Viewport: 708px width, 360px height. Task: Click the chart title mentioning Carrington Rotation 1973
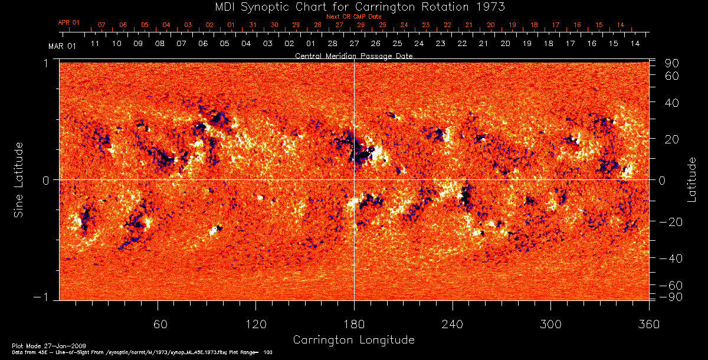point(353,6)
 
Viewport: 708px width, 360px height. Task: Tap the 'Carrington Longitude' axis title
point(353,340)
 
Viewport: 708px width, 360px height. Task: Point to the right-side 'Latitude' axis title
point(691,179)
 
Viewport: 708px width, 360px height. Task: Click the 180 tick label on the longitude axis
point(354,323)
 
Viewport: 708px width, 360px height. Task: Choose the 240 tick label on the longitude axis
point(452,323)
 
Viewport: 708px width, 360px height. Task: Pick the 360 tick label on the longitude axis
point(648,323)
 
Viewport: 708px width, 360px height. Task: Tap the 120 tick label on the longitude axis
point(256,323)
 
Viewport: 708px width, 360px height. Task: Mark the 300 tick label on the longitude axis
point(550,323)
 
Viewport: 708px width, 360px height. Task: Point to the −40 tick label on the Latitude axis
point(670,258)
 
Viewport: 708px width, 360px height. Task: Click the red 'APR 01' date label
point(68,23)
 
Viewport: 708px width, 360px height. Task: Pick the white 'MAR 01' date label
point(62,45)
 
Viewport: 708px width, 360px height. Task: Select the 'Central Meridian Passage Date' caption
point(353,55)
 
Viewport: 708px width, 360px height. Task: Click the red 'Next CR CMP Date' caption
point(354,17)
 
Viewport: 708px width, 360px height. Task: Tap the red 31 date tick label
point(253,25)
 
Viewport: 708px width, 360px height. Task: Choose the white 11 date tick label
point(94,44)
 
